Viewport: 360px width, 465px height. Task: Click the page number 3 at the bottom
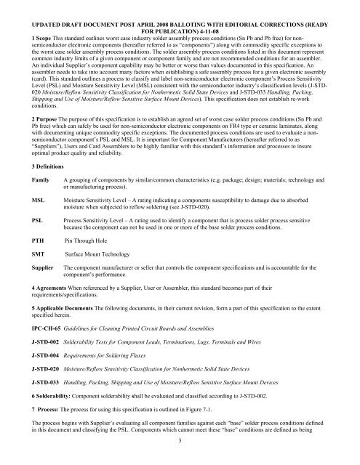180,459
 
